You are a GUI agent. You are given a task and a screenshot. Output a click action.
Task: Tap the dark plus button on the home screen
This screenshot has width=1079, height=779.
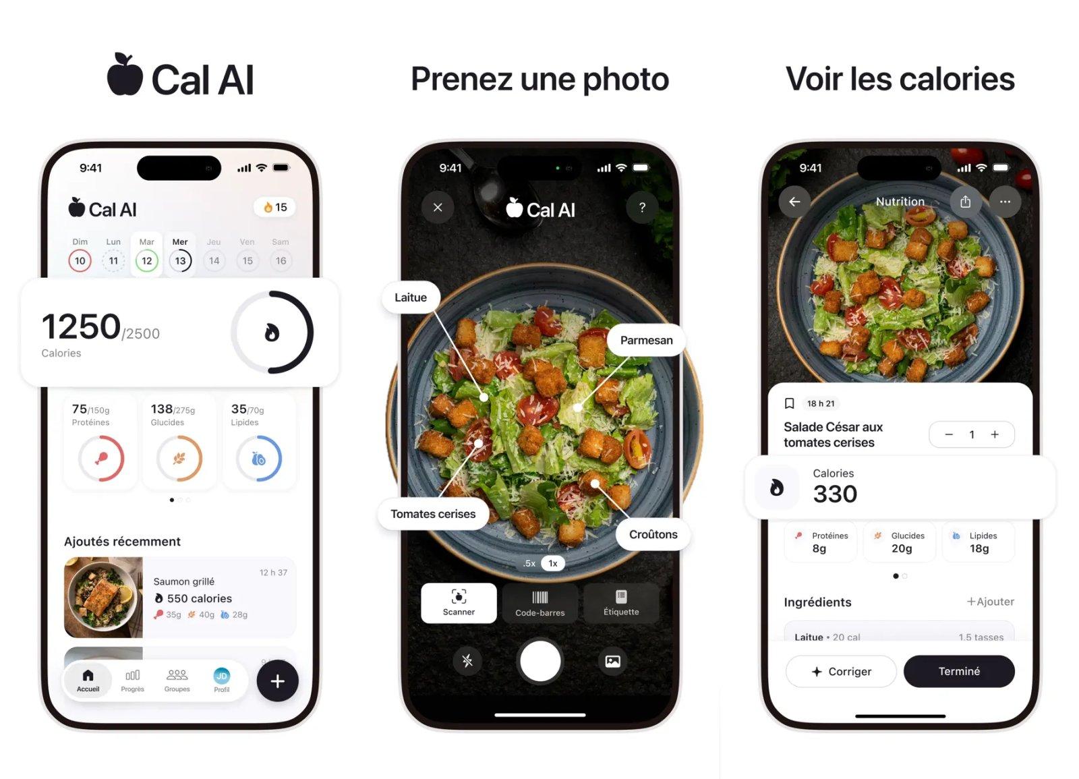(x=277, y=681)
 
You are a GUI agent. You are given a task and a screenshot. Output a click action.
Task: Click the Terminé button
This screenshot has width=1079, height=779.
(x=958, y=671)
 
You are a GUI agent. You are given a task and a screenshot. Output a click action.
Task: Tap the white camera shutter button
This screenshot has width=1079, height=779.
(x=539, y=661)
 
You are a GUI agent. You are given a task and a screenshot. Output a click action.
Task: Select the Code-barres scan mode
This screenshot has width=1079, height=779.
(x=539, y=603)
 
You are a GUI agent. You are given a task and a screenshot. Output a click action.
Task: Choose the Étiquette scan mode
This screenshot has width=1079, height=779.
(x=620, y=603)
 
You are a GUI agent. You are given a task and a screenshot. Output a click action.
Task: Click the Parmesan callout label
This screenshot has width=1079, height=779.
(x=646, y=340)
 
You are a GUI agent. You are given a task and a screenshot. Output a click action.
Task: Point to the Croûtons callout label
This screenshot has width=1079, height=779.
(x=653, y=534)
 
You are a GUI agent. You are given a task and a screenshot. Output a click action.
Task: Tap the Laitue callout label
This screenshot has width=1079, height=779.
(x=410, y=297)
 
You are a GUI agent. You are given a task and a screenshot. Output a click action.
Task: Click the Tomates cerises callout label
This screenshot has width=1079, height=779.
(x=433, y=514)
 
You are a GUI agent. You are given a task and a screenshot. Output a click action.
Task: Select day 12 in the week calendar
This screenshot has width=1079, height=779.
(x=146, y=261)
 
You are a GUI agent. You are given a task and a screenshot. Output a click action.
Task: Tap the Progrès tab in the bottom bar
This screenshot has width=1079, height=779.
(x=132, y=680)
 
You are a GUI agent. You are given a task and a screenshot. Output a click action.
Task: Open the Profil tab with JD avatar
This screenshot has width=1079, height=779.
(x=221, y=680)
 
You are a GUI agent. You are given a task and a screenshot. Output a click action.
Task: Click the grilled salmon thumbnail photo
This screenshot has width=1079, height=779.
(x=103, y=597)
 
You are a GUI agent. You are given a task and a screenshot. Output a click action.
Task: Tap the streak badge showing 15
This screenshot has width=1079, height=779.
(x=274, y=207)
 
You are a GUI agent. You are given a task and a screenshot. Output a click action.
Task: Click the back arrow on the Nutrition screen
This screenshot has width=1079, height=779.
(x=794, y=202)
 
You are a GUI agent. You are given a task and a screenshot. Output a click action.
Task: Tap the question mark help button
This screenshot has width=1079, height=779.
(x=642, y=208)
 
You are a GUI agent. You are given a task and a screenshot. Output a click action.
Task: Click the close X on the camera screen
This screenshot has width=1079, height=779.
(x=438, y=208)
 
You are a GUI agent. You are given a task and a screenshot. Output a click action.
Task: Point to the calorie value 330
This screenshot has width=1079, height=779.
(x=835, y=494)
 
